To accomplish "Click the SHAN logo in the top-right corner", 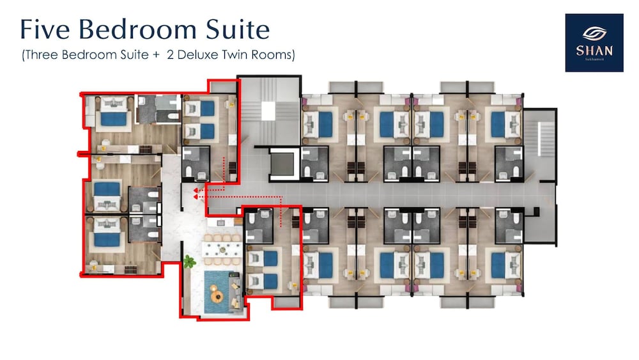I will [594, 42].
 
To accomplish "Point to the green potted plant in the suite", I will [189, 261].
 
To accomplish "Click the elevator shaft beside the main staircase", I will [281, 164].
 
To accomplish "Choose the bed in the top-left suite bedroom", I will [114, 118].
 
